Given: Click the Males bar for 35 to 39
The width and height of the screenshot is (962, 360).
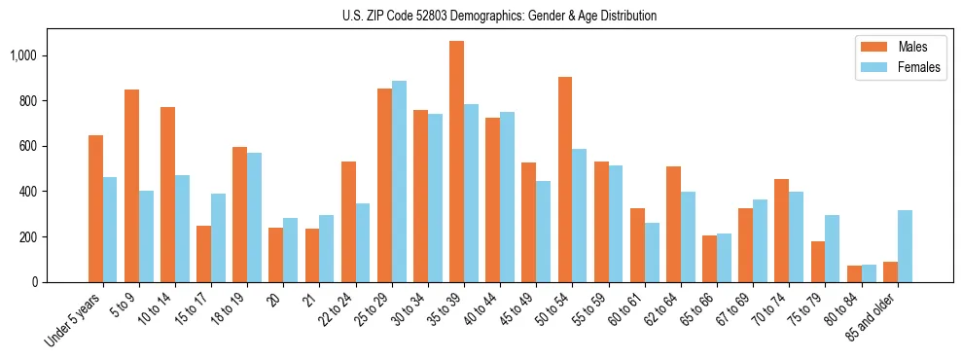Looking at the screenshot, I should [456, 162].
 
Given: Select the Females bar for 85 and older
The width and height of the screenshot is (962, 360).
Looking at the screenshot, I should [905, 246].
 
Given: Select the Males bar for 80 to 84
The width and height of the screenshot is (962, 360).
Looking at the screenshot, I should [853, 273].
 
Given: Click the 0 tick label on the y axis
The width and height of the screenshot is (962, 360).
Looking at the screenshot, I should [34, 282].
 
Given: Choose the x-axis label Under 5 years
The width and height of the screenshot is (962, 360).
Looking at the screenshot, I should [76, 321].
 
